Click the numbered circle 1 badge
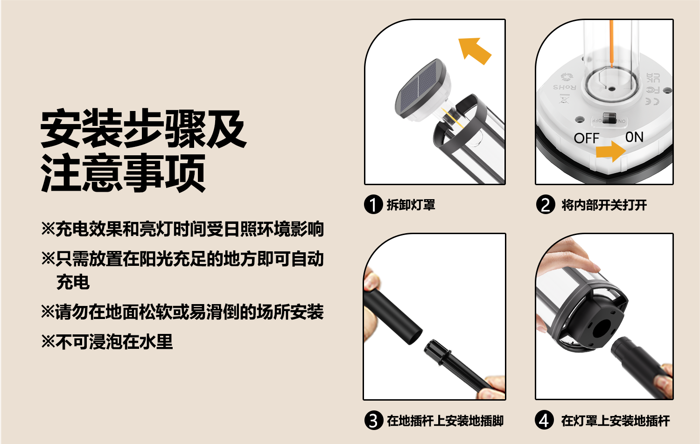[373, 205]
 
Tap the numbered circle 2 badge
[546, 205]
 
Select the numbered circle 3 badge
[373, 420]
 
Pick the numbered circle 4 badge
[545, 420]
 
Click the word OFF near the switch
[587, 139]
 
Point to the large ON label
[634, 137]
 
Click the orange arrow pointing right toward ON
[611, 152]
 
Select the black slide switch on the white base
[609, 118]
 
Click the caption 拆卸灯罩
[411, 205]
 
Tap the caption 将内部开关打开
[604, 205]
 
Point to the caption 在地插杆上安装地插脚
[445, 421]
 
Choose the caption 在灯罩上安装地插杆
[616, 421]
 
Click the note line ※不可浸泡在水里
[107, 341]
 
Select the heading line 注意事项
[123, 173]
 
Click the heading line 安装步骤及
[144, 128]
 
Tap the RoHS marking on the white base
[565, 87]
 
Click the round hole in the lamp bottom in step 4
[601, 328]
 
